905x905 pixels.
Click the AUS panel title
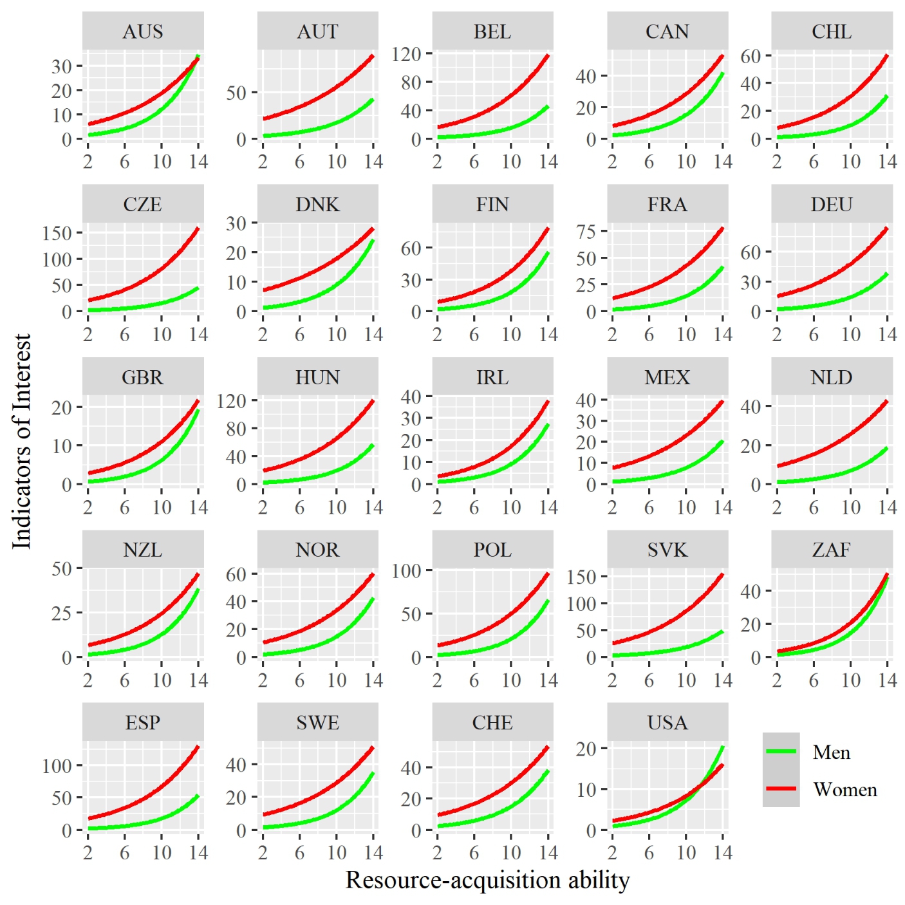(143, 32)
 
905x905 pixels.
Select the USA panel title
(667, 723)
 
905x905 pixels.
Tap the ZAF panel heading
(832, 550)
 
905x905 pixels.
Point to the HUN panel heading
(317, 377)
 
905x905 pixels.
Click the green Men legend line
(781, 752)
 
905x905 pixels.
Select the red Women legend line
(781, 788)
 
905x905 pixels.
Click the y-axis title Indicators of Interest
(22, 442)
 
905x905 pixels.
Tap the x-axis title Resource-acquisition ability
(487, 881)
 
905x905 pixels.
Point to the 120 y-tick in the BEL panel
(406, 54)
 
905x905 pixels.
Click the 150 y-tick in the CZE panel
(57, 233)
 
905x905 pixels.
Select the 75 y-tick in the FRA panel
(586, 232)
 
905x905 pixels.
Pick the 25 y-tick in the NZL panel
(62, 613)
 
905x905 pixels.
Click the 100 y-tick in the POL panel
(406, 571)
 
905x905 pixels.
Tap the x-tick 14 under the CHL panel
(888, 162)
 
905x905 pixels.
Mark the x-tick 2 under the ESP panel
(88, 853)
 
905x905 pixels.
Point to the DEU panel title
(832, 205)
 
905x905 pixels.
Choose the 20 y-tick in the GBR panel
(62, 407)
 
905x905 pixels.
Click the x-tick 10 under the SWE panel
(337, 853)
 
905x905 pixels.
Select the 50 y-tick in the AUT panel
(236, 93)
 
